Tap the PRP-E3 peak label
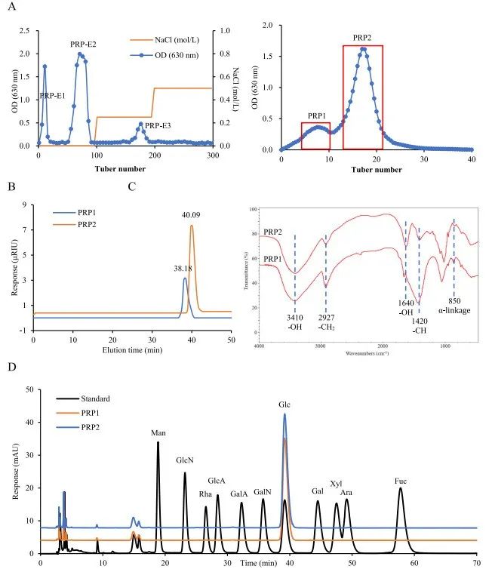[x=158, y=125]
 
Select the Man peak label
[x=158, y=432]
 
